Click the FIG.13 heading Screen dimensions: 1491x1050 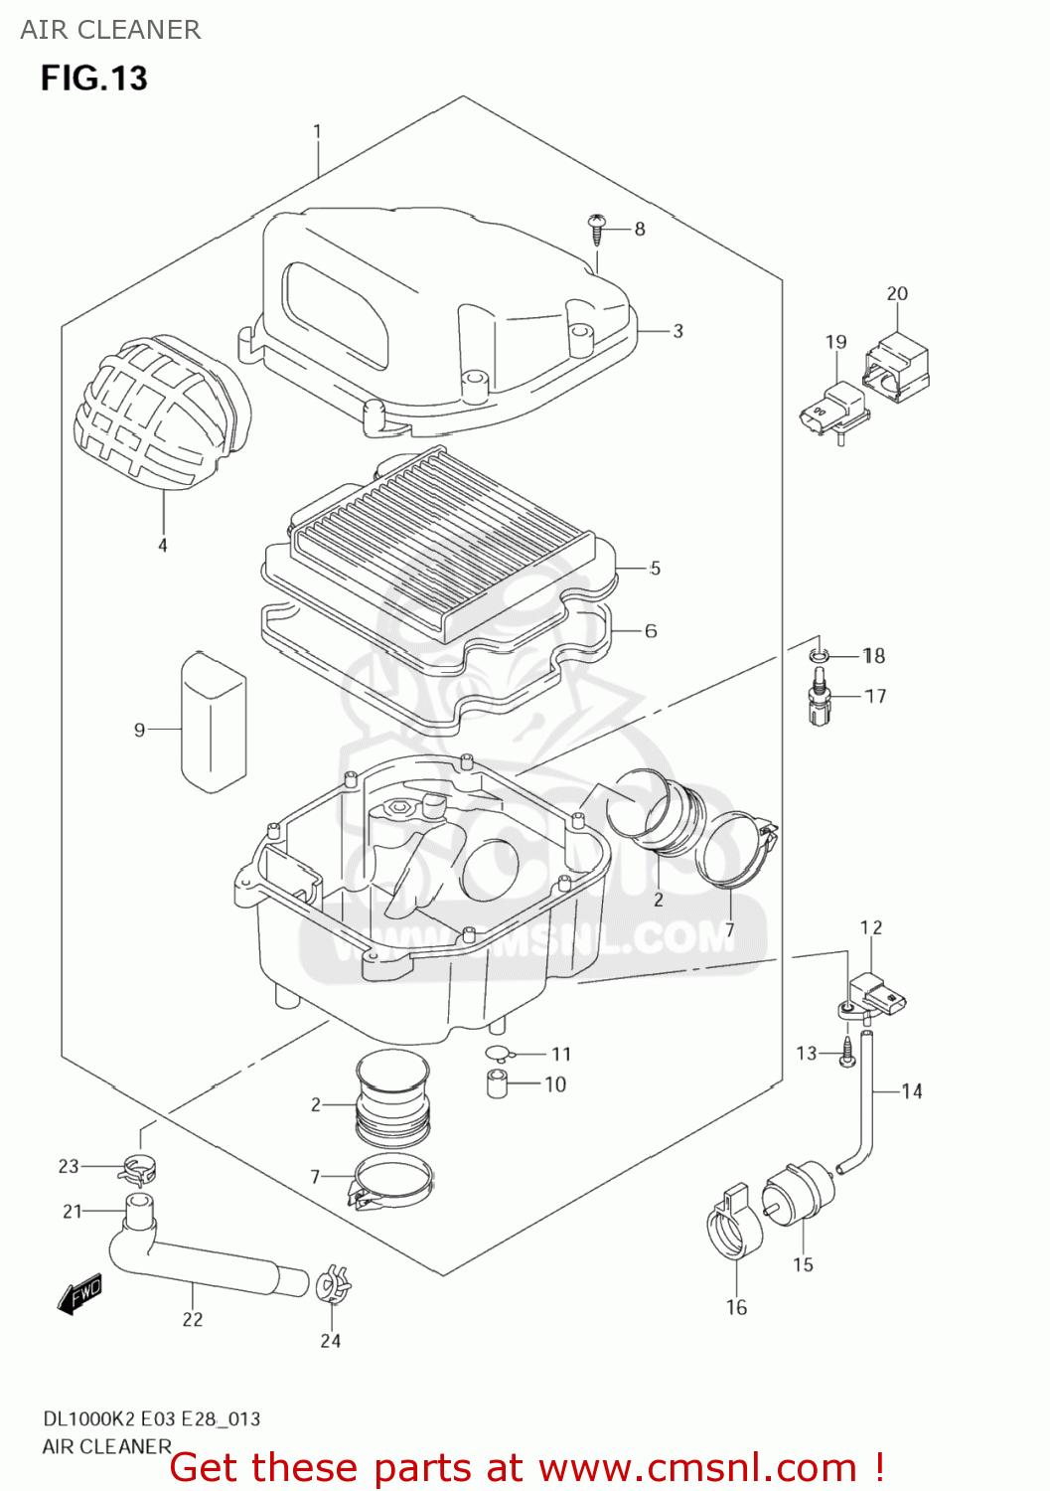point(93,79)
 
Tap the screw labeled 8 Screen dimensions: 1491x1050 point(597,229)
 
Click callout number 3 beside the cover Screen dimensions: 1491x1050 point(677,331)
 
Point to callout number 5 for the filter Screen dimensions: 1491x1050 point(655,569)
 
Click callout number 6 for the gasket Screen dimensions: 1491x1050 point(651,631)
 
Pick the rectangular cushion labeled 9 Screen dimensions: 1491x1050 point(213,722)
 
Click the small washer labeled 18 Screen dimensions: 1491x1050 point(818,654)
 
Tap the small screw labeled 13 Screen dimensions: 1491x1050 point(846,1054)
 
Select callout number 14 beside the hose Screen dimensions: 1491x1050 point(912,1091)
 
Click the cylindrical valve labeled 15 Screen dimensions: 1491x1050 point(797,1195)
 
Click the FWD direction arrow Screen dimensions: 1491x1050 point(79,1293)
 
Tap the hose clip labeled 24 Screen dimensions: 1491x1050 point(331,1286)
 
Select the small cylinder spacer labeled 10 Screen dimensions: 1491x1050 point(498,1083)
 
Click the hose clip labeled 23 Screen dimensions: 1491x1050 point(140,1169)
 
